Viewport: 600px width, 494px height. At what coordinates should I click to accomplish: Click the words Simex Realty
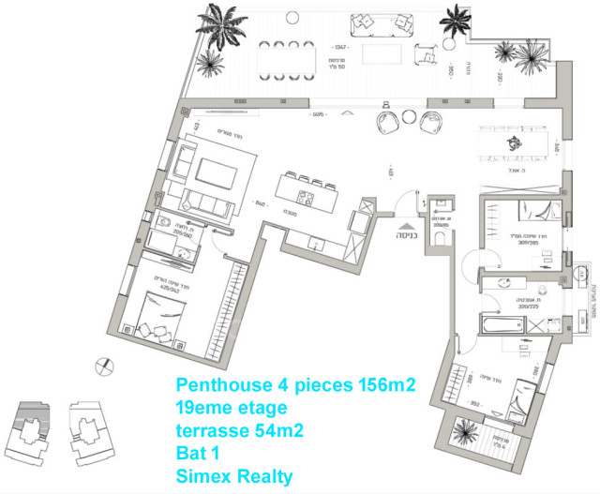[234, 476]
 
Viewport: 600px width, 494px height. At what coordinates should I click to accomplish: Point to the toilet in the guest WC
[439, 242]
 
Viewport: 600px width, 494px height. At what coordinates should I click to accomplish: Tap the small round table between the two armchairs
[410, 117]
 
